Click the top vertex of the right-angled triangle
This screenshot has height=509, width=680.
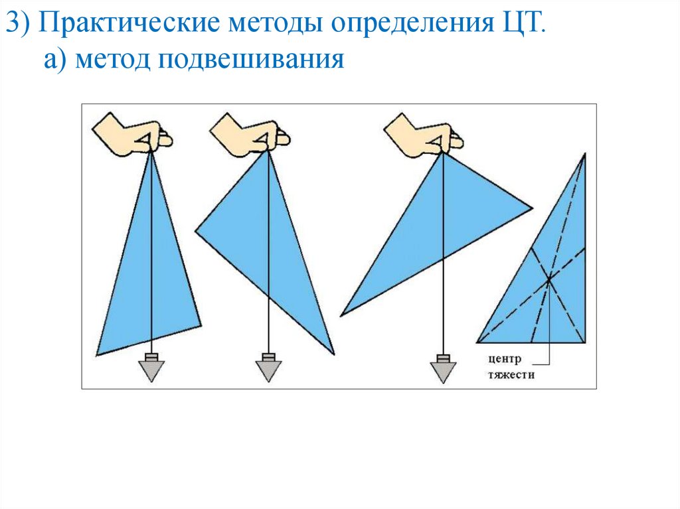584,154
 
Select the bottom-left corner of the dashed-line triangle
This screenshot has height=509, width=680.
477,342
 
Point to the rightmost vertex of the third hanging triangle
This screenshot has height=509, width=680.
532,209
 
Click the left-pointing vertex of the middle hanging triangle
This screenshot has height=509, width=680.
196,231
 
